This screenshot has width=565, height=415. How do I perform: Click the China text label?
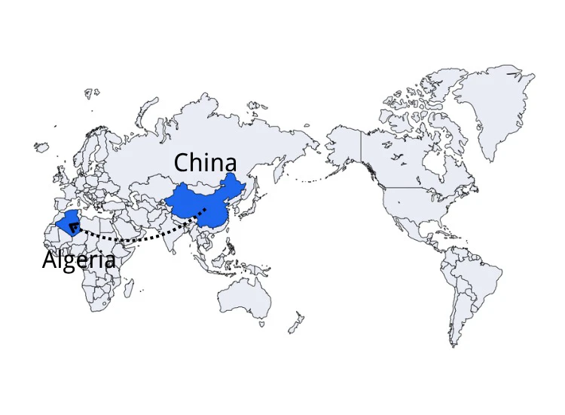pos(205,162)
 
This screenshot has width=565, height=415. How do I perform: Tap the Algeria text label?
pos(79,260)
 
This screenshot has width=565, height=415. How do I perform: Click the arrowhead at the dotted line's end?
pos(72,225)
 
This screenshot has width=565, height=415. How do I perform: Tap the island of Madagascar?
pos(129,287)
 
